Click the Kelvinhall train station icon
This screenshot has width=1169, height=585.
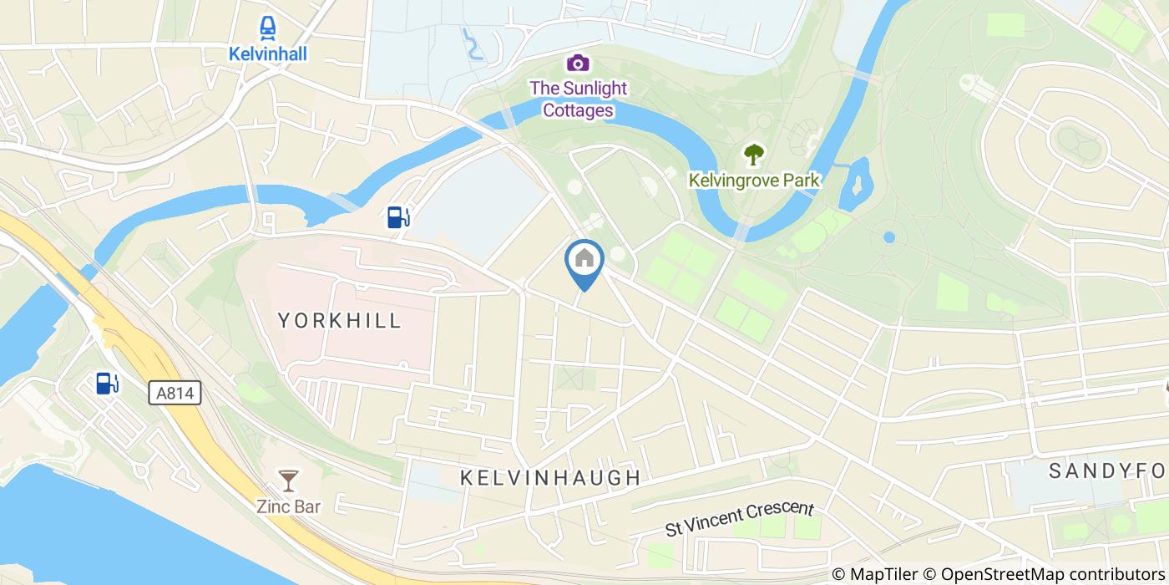(x=268, y=29)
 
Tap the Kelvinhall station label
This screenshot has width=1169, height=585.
(x=268, y=54)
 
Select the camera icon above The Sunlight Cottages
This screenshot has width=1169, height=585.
(x=578, y=63)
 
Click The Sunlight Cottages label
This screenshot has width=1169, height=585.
(x=579, y=99)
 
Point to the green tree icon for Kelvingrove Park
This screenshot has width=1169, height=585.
(x=754, y=154)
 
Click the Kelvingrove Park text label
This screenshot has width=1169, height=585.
(x=754, y=180)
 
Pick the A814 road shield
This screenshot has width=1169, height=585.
(x=175, y=392)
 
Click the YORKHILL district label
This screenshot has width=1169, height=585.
(x=340, y=320)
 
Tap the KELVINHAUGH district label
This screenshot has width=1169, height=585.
(x=551, y=478)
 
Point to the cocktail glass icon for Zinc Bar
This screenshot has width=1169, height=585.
(x=288, y=480)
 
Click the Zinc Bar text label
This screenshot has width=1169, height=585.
(x=288, y=505)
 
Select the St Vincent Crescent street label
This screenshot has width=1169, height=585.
(x=739, y=518)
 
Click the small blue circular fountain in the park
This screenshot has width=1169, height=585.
(x=889, y=237)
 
